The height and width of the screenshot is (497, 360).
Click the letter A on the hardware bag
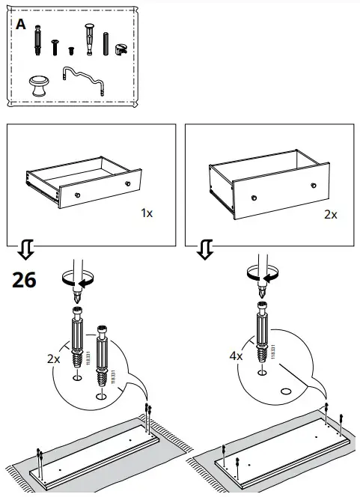20,25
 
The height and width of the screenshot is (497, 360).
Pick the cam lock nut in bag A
121,47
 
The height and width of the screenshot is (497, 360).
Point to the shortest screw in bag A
72,50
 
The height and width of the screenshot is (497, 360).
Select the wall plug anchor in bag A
91,39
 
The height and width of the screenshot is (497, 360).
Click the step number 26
24,280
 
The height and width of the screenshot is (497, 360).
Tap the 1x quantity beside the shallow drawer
147,213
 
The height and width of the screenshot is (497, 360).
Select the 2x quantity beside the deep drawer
330,214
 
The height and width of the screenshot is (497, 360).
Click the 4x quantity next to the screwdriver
236,356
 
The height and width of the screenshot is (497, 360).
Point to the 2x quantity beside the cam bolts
53,359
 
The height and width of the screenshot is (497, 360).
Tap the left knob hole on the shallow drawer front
78,198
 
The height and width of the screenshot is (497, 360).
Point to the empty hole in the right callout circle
287,391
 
